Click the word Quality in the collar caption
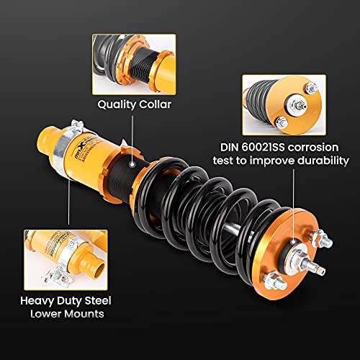tap(116, 103)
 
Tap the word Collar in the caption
tap(155, 103)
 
